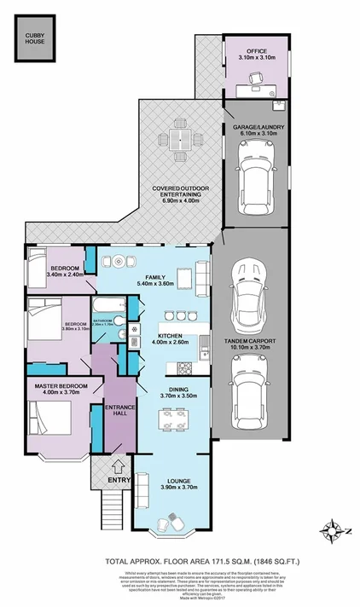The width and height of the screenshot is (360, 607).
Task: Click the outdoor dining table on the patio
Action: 181,140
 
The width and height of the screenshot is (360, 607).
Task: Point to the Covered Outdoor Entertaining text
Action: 177,191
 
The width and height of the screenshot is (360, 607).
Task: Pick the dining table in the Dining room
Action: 173,420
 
